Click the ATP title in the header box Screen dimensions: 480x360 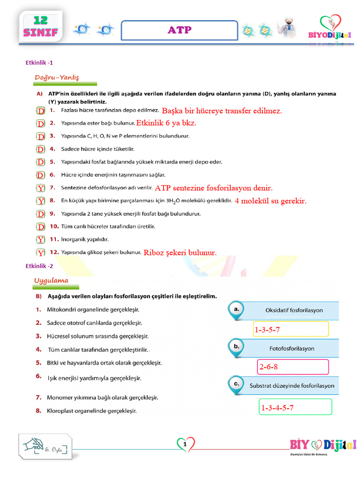pos(180,30)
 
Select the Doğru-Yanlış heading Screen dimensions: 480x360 pos(57,77)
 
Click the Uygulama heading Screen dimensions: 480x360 pos(51,281)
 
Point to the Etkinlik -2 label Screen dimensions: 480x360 pos(39,266)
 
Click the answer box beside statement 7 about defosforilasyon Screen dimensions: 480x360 pos(41,188)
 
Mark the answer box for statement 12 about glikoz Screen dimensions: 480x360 pos(41,253)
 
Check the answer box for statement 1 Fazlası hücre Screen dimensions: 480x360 pos(41,111)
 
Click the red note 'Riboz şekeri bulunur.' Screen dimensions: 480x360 pos(180,253)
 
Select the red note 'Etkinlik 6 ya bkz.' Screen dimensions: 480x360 pos(166,123)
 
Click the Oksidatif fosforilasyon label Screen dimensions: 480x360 pos(294,310)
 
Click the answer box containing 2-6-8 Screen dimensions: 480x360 pos(293,367)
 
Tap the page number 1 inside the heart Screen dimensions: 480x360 pos(186,444)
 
